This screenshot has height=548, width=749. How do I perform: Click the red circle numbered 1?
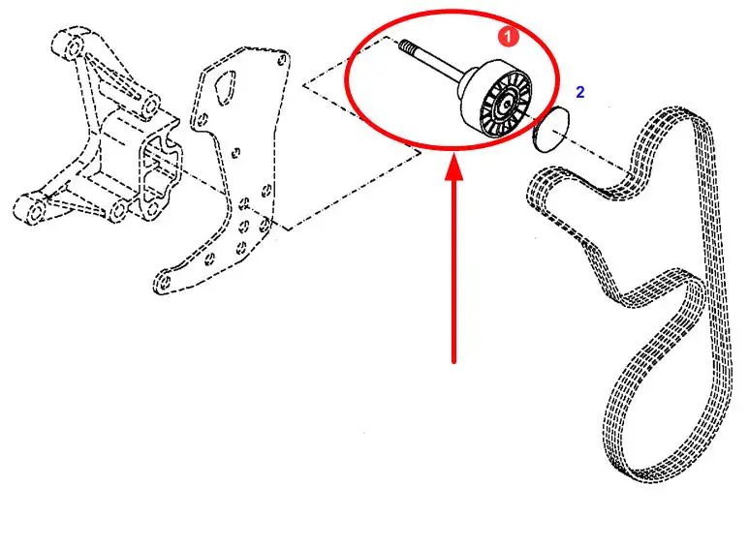[509, 36]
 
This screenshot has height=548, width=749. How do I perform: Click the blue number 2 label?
[579, 92]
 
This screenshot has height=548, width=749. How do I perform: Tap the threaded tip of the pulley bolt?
[405, 46]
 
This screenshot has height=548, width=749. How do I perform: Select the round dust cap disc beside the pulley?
[551, 130]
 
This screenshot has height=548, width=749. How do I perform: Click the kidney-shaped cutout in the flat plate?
[224, 86]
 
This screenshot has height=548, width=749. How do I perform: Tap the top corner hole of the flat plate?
[282, 59]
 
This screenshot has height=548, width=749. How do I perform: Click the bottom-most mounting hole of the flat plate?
[164, 282]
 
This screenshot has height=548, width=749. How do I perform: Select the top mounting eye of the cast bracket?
[74, 47]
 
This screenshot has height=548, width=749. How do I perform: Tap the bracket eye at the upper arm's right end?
[149, 107]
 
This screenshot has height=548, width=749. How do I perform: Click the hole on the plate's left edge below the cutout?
[203, 119]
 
